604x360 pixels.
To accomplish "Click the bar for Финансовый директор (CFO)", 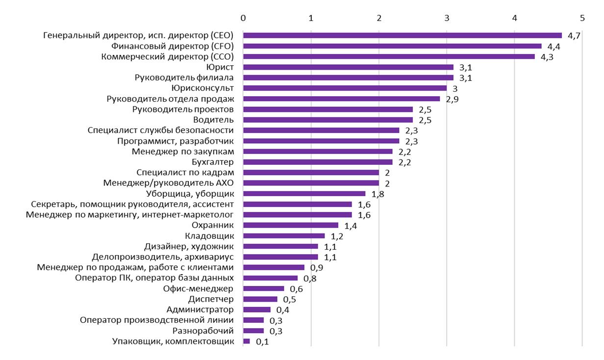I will [x=392, y=46].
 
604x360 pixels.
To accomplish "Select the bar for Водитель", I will [x=328, y=120].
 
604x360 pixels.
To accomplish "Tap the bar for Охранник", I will [x=291, y=225].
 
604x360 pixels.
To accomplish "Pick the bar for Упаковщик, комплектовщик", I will [x=247, y=341].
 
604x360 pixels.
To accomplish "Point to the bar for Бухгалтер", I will [x=318, y=162].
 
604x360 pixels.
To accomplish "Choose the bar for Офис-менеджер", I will [x=263, y=288].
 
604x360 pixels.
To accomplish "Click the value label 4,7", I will [x=574, y=36].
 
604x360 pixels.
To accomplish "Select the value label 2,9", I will [x=452, y=99].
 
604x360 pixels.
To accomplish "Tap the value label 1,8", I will [x=377, y=194].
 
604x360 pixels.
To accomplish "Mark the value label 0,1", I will [x=262, y=342].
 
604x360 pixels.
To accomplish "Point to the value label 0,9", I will [x=317, y=268].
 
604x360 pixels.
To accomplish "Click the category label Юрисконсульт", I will [x=202, y=88].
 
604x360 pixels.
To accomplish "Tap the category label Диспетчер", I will [x=211, y=299].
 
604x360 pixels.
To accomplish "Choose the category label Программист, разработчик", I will [x=176, y=141].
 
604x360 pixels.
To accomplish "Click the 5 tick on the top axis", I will [x=582, y=18].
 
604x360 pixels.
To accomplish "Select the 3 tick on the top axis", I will [x=447, y=18].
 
